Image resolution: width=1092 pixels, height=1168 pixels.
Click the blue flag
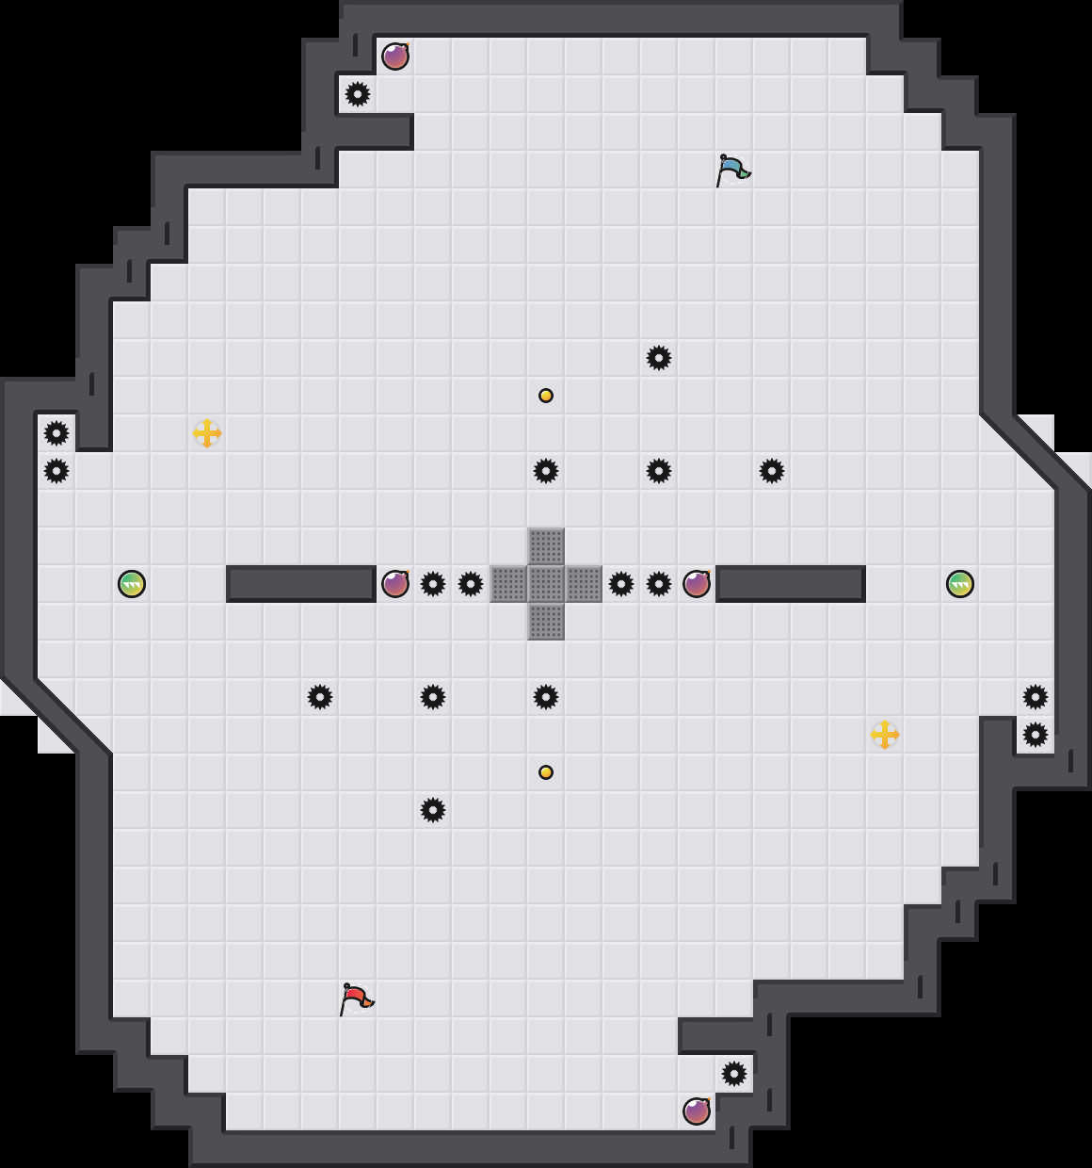coord(731,170)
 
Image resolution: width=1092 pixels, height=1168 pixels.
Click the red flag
coord(355,998)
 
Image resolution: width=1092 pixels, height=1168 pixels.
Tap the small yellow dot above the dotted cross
coord(546,396)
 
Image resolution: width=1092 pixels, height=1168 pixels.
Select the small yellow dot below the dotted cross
coord(546,772)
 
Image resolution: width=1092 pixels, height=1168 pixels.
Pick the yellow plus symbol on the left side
coord(207,433)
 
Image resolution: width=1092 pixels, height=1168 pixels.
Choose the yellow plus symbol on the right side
coord(885,735)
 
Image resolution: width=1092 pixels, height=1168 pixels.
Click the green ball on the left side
coord(132,584)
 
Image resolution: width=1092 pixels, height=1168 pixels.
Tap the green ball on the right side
coord(960,584)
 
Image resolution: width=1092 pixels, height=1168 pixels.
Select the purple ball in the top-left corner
coord(395,57)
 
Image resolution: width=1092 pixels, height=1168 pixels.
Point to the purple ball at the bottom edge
coord(697,1111)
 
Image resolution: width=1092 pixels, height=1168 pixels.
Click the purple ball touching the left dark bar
coord(395,584)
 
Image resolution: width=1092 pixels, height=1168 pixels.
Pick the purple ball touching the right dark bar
coord(697,584)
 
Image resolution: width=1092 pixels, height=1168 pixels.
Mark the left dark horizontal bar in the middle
coord(301,584)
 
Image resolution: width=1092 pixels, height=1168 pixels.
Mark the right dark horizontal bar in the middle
coord(791,584)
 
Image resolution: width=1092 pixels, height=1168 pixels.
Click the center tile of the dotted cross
coord(546,584)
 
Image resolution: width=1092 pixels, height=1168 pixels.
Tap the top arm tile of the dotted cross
coord(546,546)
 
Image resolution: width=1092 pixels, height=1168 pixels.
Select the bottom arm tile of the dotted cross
coord(546,622)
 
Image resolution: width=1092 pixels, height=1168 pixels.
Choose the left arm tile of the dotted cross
coord(508,584)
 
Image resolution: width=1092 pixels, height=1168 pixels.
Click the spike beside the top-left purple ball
coord(358,94)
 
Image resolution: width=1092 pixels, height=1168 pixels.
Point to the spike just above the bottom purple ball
coord(734,1074)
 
